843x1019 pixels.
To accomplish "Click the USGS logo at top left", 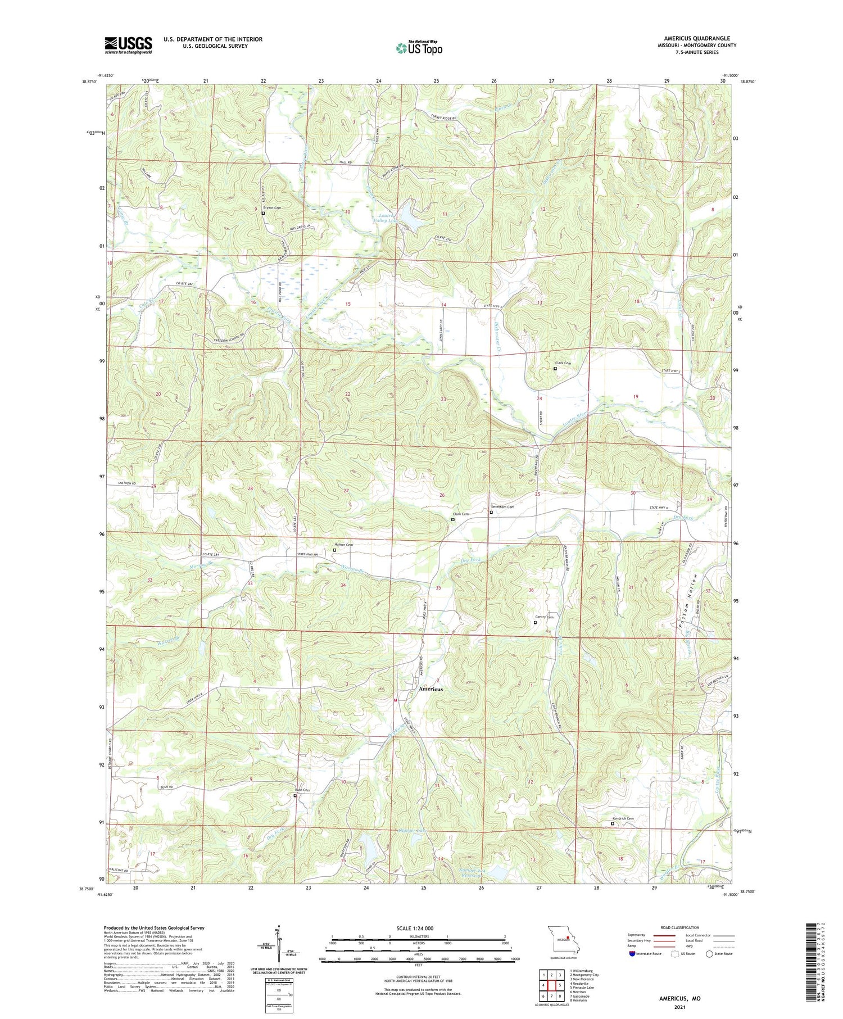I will pyautogui.click(x=128, y=45).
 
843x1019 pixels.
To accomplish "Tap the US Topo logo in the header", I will pyautogui.click(x=419, y=48).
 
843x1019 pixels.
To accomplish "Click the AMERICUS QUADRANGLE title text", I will pyautogui.click(x=696, y=38).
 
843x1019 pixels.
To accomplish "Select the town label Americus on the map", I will pyautogui.click(x=431, y=689).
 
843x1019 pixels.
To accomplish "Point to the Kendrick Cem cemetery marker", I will pyautogui.click(x=613, y=824).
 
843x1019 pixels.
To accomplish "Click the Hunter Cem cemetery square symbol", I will pyautogui.click(x=334, y=550).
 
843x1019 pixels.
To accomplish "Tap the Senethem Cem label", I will pyautogui.click(x=504, y=507).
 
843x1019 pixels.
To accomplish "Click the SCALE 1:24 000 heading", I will pyautogui.click(x=415, y=928).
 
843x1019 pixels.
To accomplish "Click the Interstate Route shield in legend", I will pyautogui.click(x=632, y=953).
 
